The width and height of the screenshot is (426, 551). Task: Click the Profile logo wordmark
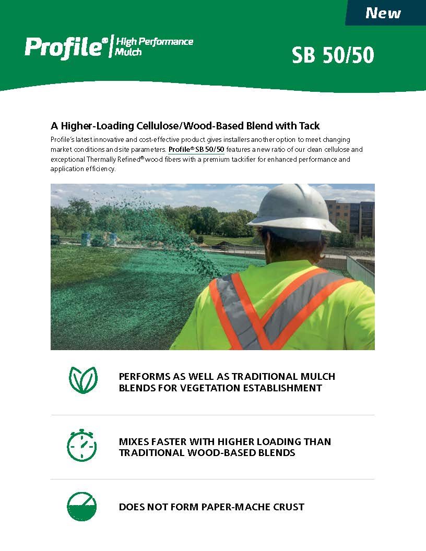(63, 47)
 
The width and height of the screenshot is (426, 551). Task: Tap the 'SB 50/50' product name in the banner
(333, 55)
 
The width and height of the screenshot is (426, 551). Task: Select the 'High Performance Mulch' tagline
(154, 46)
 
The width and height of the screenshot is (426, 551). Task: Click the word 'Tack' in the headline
(309, 126)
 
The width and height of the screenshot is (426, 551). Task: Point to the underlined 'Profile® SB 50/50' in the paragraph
(196, 149)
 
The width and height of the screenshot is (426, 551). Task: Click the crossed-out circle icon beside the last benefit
(81, 506)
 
